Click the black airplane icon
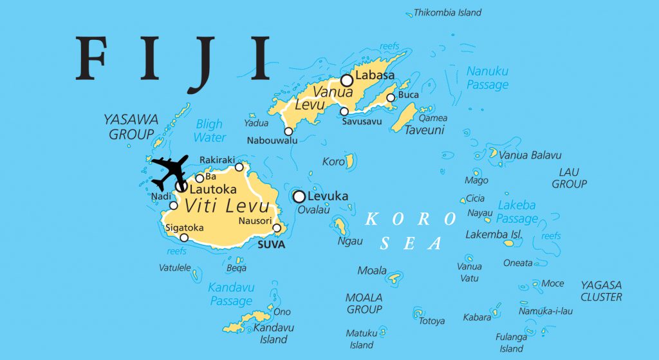169,171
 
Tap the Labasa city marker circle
347,81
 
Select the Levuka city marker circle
299,196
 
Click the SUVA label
271,245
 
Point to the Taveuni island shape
404,117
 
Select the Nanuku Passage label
487,77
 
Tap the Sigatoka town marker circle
184,238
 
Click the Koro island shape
350,161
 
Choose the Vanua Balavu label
530,155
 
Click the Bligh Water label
210,131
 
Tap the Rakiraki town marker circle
239,167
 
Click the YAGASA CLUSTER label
601,290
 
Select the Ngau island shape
340,225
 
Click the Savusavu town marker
344,112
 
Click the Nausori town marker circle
277,228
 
